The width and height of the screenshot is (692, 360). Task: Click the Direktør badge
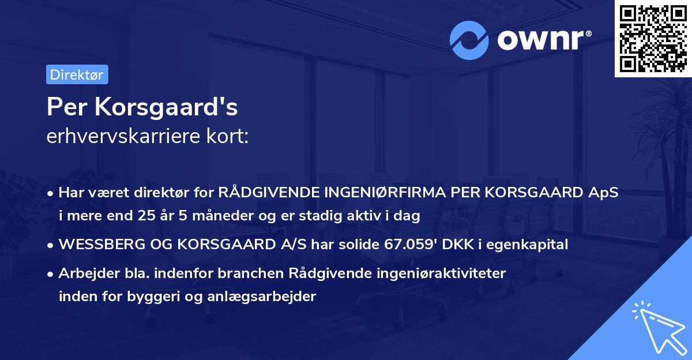pos(77,74)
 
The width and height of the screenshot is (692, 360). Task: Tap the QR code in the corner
pos(653,38)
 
